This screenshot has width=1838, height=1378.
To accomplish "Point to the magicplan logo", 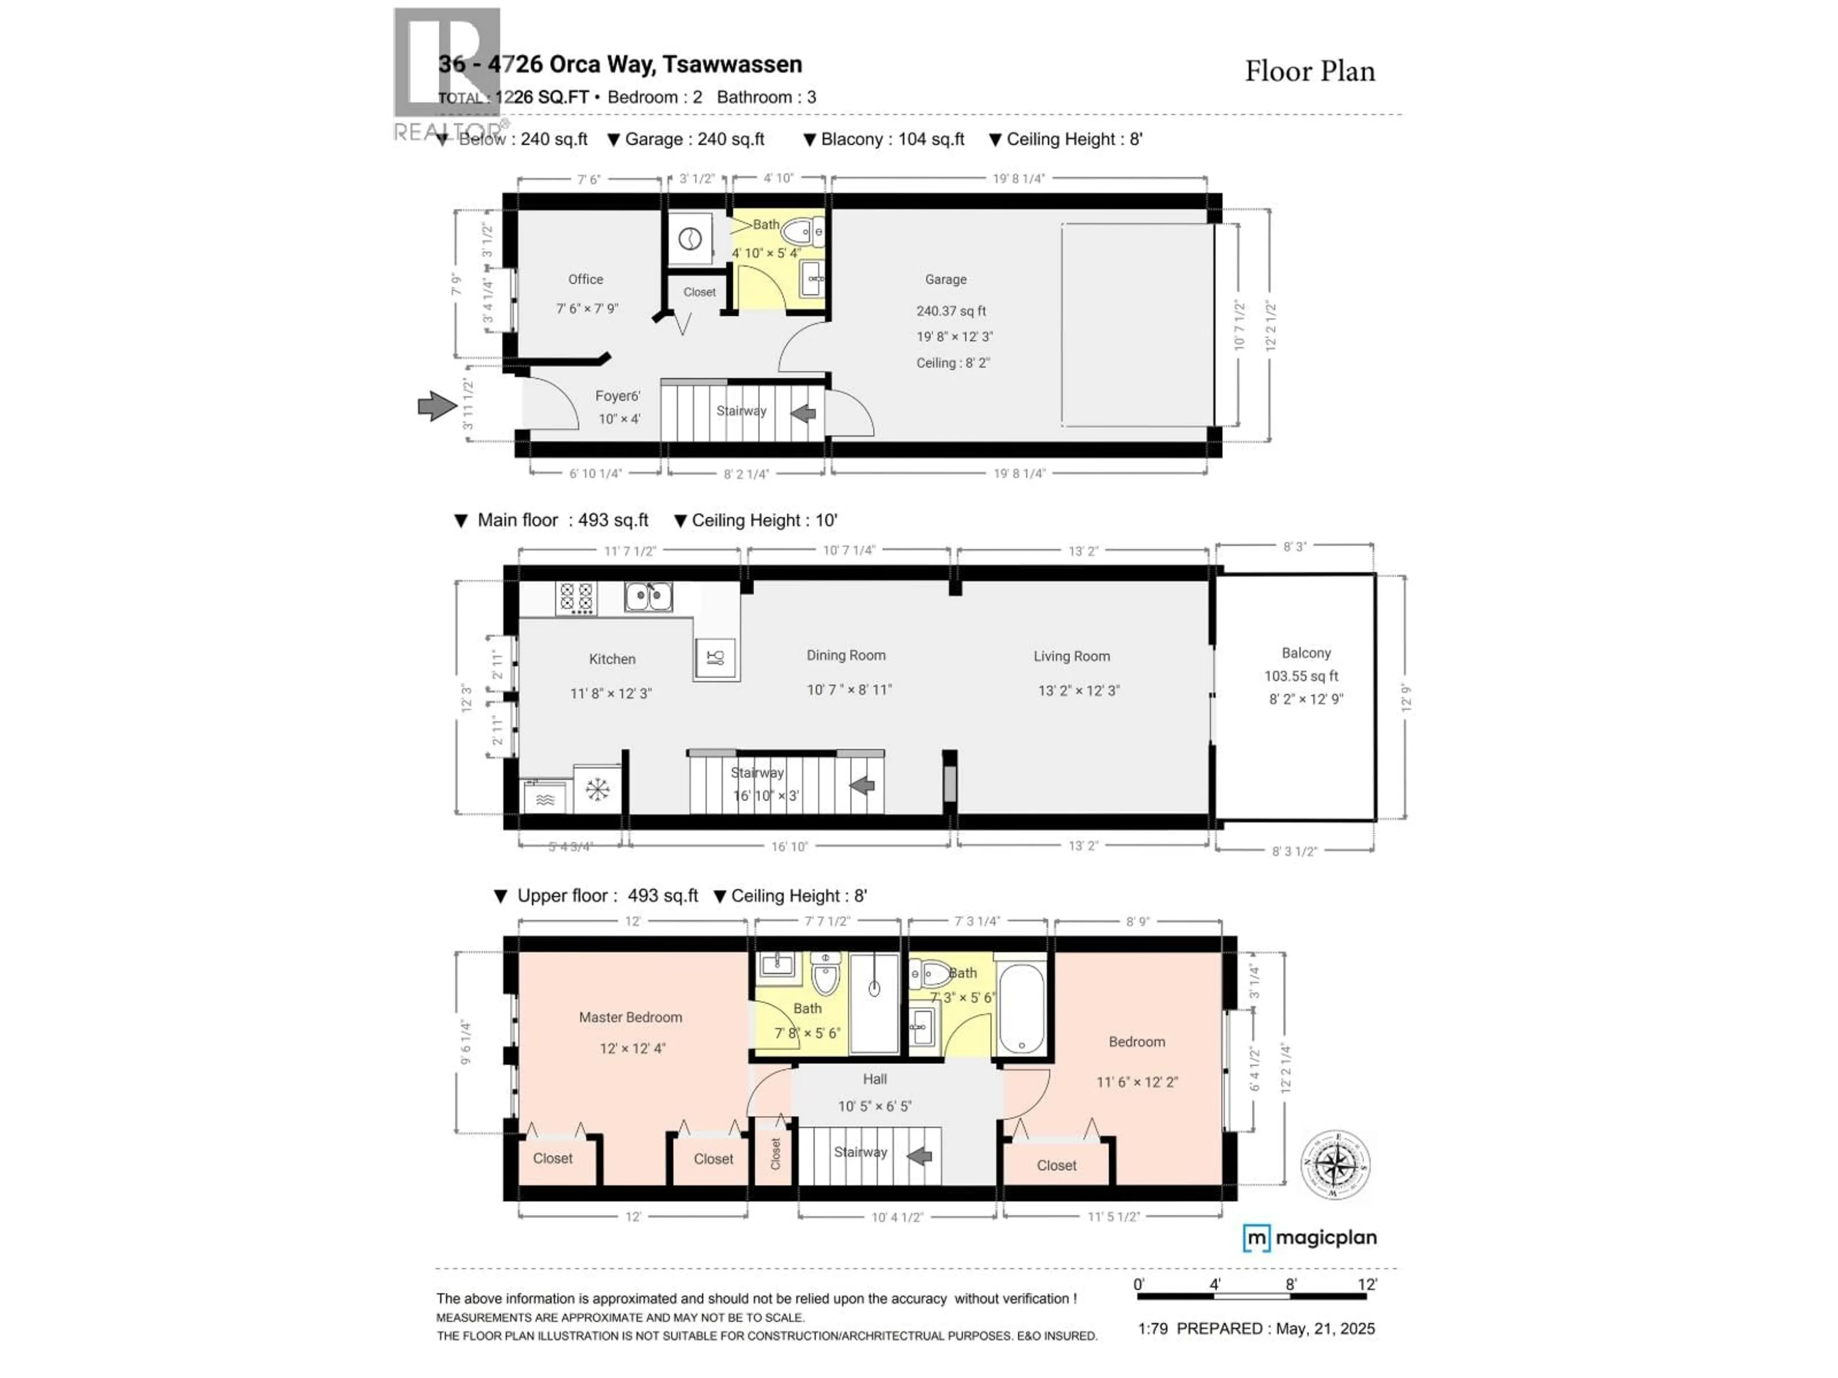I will [1310, 1238].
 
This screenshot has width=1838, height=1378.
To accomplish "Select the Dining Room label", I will [846, 656].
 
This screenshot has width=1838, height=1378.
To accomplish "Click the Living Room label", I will [1071, 656].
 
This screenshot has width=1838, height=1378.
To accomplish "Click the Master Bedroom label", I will [631, 1018].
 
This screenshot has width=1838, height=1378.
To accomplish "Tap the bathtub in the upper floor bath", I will [1021, 1008].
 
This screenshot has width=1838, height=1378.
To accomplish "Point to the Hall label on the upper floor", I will [874, 1079].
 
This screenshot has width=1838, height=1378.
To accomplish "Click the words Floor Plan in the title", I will [1310, 72].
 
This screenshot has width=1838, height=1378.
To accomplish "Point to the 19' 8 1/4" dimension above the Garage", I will [1019, 178].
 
